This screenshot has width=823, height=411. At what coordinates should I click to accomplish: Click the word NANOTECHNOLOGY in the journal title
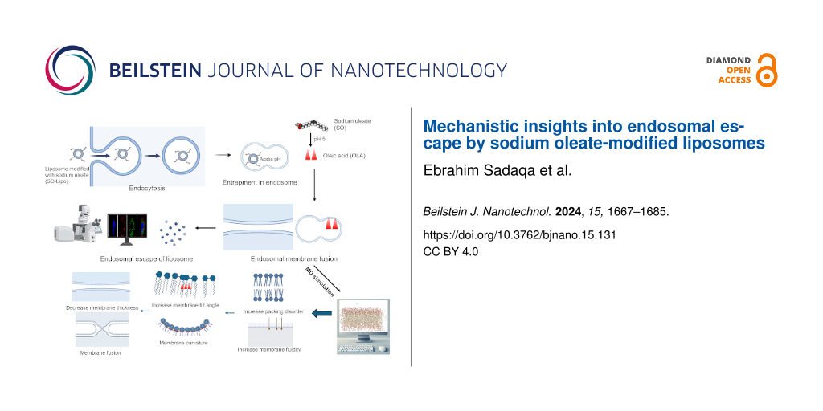click(x=405, y=71)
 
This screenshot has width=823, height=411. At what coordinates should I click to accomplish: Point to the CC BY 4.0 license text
click(x=450, y=251)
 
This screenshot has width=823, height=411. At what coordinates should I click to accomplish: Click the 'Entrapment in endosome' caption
click(x=259, y=182)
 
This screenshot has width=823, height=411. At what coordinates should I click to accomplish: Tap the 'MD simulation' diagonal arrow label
click(x=313, y=280)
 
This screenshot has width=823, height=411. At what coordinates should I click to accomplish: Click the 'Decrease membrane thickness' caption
click(x=102, y=307)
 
